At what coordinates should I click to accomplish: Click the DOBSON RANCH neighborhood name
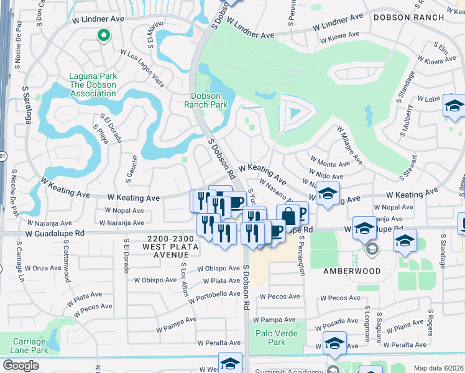pyautogui.click(x=408, y=17)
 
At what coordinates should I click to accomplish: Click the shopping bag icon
pyautogui.click(x=288, y=217)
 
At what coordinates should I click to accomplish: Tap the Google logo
pyautogui.click(x=21, y=366)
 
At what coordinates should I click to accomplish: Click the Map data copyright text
pyautogui.click(x=439, y=368)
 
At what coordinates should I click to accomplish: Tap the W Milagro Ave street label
pyautogui.click(x=349, y=144)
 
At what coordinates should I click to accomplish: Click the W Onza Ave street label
pyautogui.click(x=43, y=268)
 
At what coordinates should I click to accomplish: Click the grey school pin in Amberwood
pyautogui.click(x=372, y=250)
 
